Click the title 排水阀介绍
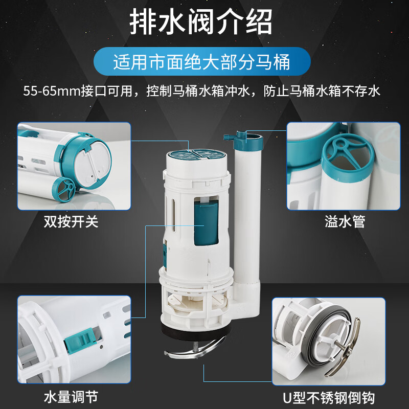coord(201,22)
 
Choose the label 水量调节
coord(71,396)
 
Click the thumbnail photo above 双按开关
coord(74,166)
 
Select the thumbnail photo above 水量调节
coord(74,339)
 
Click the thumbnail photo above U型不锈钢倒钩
coord(328,340)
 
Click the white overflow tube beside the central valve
coord(247,204)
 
